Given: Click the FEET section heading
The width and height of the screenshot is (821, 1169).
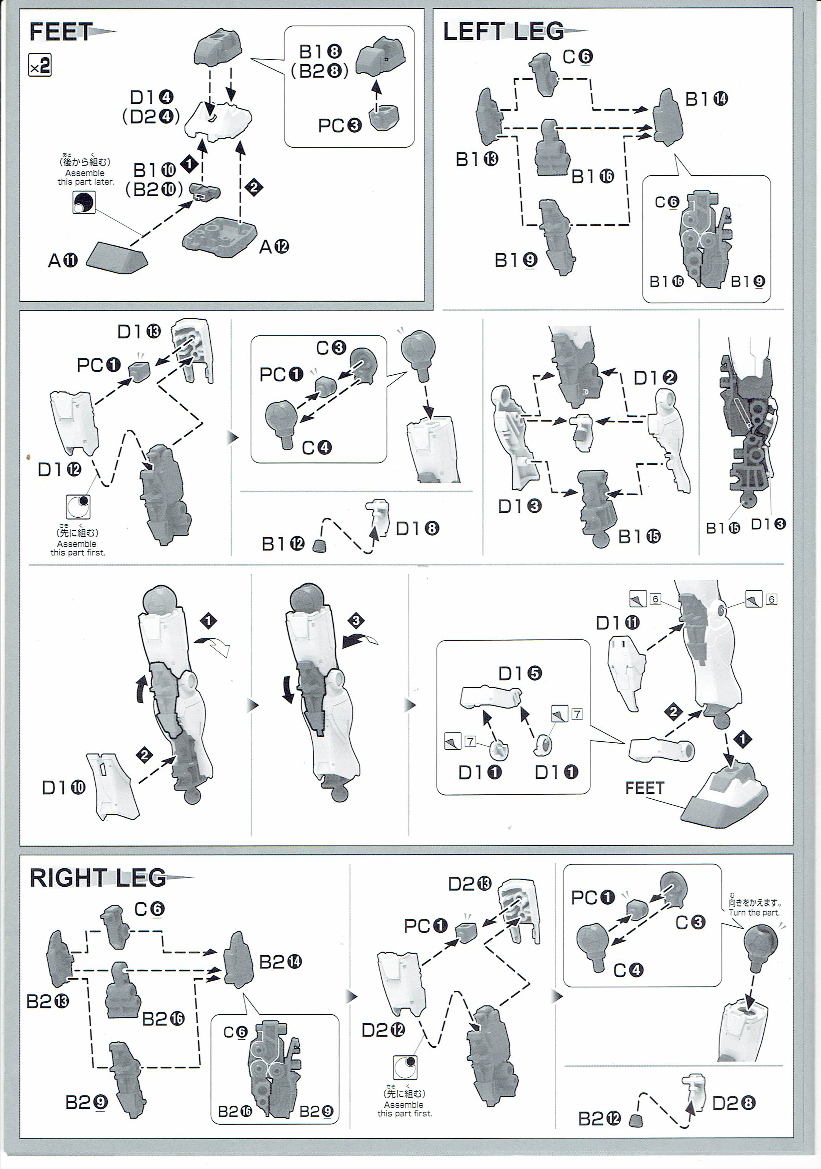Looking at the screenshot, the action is point(61,32).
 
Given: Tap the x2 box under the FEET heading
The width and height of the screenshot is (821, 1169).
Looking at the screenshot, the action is point(40,66).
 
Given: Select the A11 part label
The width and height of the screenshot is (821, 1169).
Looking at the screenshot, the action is point(63,261).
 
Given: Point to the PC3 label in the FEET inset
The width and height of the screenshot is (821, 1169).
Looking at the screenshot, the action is point(339,125).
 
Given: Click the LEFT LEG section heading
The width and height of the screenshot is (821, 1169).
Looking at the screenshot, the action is point(503,32).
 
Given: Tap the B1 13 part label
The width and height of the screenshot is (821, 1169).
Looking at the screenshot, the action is point(477,160).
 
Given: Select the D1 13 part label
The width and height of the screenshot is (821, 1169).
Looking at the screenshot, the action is point(139,332).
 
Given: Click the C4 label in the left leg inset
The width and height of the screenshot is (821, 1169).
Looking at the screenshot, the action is point(316,448).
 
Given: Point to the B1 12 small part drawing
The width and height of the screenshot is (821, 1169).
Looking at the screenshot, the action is point(320,546).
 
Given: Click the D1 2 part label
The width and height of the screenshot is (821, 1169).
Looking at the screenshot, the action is point(655,378).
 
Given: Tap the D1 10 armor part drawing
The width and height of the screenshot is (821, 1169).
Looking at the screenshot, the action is point(113,787).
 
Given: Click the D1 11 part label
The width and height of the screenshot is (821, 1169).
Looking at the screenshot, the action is point(617,622).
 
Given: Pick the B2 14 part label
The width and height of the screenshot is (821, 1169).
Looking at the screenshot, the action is point(280,962).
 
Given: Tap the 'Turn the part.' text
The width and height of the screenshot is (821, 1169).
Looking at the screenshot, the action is point(754,912).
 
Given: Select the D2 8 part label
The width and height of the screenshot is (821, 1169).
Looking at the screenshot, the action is point(733,1103).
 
